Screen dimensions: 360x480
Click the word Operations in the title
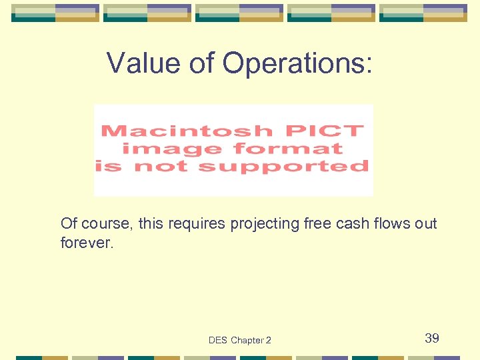(x=297, y=63)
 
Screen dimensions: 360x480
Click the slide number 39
(x=432, y=339)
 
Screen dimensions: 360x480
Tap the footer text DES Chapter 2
(x=239, y=340)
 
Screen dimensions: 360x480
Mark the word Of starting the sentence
(x=67, y=223)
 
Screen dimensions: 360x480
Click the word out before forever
(x=426, y=223)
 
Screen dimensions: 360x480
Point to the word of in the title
(x=202, y=63)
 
